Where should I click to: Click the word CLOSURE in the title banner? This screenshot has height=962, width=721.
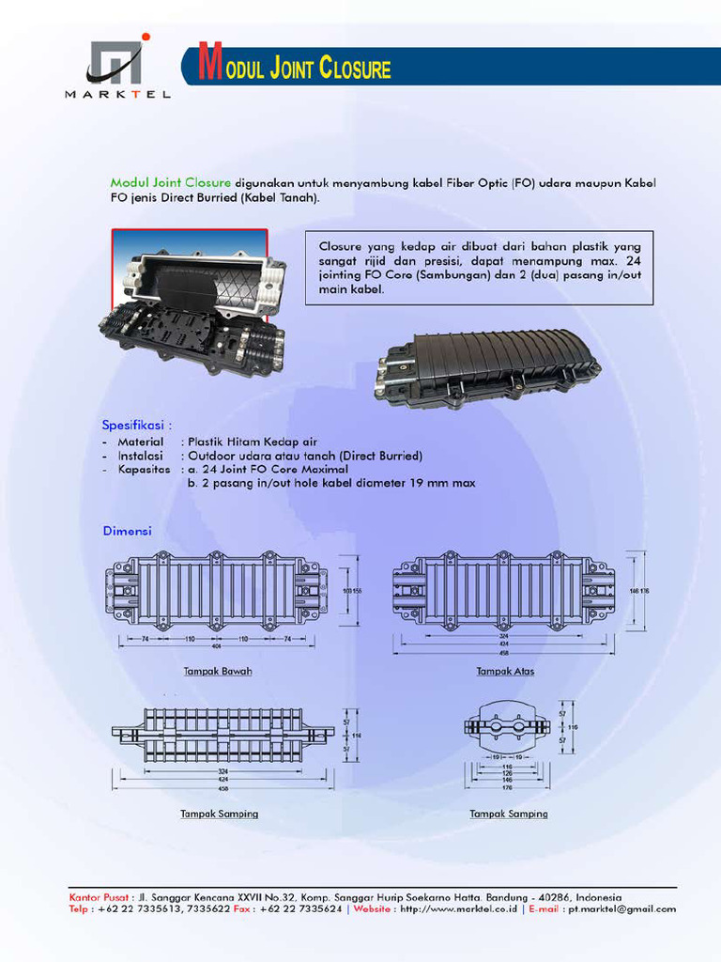point(355,69)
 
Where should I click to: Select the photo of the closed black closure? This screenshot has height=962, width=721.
point(487,367)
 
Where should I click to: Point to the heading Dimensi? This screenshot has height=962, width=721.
point(127,532)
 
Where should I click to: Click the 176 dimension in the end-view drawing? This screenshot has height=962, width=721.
point(506,787)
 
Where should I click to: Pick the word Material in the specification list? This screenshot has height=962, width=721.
point(140,441)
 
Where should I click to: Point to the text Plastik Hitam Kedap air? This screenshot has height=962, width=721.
point(253,441)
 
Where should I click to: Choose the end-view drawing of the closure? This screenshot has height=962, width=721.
point(507,727)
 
